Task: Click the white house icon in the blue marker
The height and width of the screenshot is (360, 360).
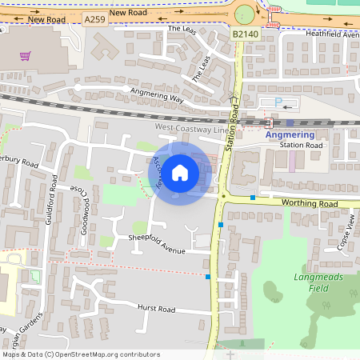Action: [x=180, y=172]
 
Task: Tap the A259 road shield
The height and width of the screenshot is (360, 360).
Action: [x=94, y=19]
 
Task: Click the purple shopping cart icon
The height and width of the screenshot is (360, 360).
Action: [x=25, y=57]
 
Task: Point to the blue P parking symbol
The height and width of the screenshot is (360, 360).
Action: [x=278, y=102]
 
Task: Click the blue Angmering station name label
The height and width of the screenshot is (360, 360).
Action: [x=290, y=134]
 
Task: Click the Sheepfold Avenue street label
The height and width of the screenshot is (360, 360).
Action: [x=157, y=245]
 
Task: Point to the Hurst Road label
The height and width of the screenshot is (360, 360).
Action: [x=155, y=309]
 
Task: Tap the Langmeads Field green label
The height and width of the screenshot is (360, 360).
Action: [x=308, y=282]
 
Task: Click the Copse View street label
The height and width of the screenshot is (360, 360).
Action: [x=346, y=233]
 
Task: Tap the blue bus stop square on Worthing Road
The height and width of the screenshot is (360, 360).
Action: [x=253, y=197]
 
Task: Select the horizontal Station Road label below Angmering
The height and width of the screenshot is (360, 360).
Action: [x=301, y=146]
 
